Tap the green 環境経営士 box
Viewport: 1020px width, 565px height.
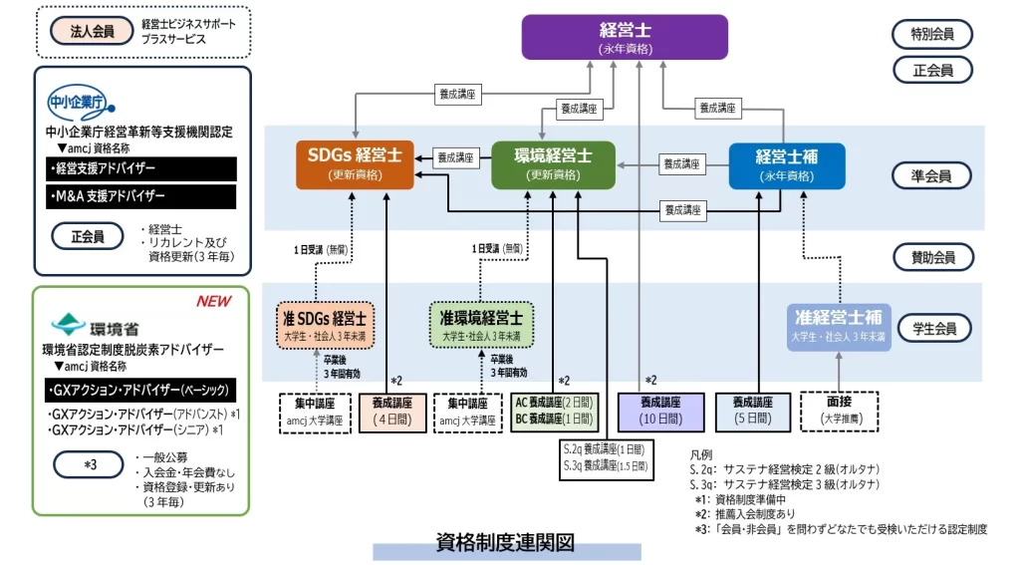point(553,164)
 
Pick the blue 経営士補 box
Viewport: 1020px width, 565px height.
point(786,165)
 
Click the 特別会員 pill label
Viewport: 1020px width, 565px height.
point(931,34)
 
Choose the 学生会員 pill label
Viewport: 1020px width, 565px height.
point(931,327)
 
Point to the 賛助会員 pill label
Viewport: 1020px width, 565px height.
point(931,257)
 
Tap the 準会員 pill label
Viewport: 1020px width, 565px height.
point(931,176)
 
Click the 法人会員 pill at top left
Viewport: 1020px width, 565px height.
point(92,31)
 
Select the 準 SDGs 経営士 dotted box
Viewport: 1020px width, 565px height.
point(326,323)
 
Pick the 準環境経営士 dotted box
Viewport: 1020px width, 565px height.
point(481,323)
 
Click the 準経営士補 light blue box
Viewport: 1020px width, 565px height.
point(838,323)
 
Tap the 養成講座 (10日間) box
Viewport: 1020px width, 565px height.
point(660,410)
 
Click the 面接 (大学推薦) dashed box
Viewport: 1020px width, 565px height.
point(839,410)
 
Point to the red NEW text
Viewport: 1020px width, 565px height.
point(213,301)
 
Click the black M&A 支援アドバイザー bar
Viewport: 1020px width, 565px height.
point(140,196)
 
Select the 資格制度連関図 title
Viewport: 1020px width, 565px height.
point(506,543)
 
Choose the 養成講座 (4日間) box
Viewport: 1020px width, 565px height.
point(391,410)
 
